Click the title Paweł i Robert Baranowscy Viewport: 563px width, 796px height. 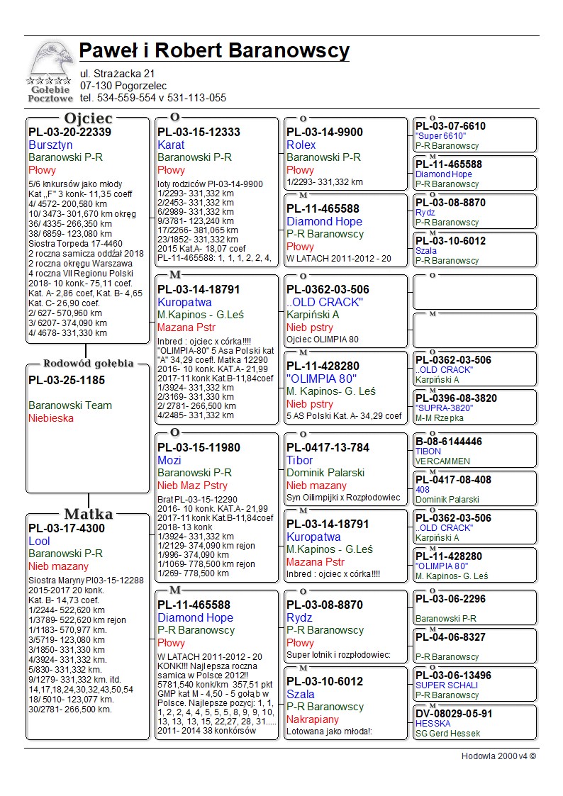click(x=214, y=51)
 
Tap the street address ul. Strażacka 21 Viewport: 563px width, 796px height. click(x=117, y=73)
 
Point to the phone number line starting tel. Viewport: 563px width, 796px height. click(x=152, y=98)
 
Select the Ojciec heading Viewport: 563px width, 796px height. click(x=88, y=118)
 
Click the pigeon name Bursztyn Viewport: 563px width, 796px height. click(x=50, y=145)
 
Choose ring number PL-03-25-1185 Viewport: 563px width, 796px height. click(x=66, y=380)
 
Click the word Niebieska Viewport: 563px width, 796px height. click(x=51, y=418)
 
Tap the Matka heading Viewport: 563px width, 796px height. click(x=88, y=514)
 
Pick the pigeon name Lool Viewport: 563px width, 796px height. click(x=39, y=541)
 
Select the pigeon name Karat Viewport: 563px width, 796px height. click(x=171, y=145)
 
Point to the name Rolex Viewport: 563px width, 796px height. click(x=301, y=145)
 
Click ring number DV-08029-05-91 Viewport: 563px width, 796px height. click(x=454, y=713)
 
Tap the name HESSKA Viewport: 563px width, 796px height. click(x=433, y=724)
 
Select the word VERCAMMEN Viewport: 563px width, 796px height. click(x=442, y=461)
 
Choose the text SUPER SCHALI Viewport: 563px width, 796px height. click(x=447, y=685)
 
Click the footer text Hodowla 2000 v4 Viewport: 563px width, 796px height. click(x=498, y=756)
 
